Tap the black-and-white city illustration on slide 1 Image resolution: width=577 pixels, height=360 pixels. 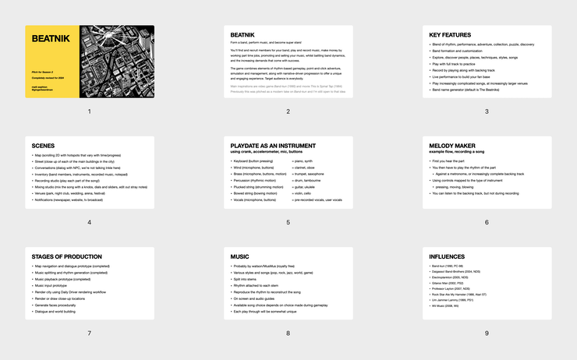(x=117, y=62)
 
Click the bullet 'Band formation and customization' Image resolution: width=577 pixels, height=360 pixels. (x=462, y=50)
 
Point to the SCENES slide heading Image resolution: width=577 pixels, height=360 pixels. (x=44, y=146)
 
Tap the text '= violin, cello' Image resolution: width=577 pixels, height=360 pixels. (x=311, y=193)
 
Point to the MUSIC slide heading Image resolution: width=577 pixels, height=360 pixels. (x=240, y=256)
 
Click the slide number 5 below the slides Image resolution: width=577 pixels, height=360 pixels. (x=288, y=222)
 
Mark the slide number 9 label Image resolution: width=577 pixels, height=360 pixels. (x=487, y=333)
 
